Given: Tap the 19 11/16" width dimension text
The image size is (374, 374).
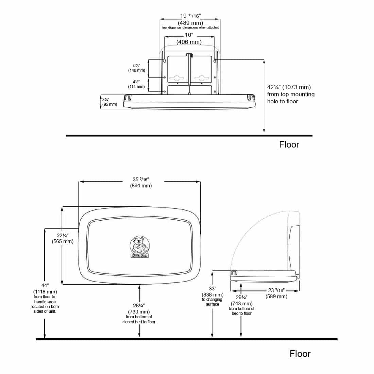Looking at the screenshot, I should (x=190, y=15).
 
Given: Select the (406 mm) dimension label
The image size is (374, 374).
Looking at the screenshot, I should (x=189, y=42).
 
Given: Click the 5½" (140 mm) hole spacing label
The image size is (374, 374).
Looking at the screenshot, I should (x=137, y=68).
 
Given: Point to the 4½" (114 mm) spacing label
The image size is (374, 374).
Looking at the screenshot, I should (x=137, y=84).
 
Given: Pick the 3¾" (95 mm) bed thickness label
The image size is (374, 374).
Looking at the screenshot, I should (x=109, y=102).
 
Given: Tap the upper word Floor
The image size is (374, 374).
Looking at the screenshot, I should (x=289, y=144).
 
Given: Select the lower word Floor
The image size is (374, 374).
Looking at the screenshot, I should (x=300, y=354).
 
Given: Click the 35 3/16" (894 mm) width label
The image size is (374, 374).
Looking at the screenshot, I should (x=141, y=182).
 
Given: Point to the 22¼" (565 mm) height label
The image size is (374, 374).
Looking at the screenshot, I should (x=63, y=238).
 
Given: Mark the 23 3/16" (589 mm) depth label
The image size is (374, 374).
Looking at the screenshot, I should (x=276, y=293).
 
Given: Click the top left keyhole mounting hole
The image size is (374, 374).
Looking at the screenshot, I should (x=165, y=60).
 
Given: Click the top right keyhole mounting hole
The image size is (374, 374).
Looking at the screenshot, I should (x=215, y=60).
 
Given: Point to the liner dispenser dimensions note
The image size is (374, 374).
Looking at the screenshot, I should (x=190, y=28).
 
